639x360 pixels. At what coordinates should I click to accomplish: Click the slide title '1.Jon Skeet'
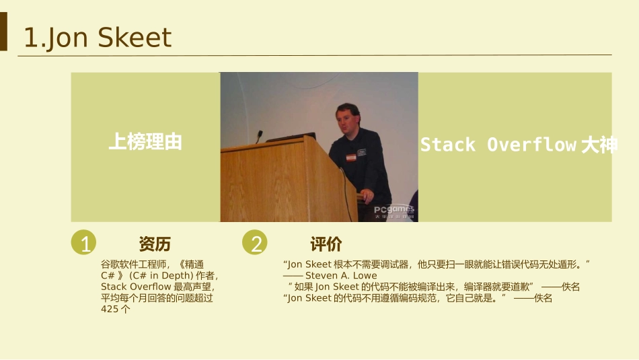click(98, 38)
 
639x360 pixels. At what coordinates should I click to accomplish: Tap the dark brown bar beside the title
click(3, 32)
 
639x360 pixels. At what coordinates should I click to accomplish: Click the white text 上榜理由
click(145, 142)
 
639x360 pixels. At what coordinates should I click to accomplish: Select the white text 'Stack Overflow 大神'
click(519, 145)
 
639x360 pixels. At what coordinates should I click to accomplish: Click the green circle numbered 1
click(83, 242)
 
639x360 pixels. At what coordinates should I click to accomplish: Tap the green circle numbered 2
click(255, 242)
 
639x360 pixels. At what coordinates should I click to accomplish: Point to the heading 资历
click(155, 244)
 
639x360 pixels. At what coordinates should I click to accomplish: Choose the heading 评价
click(326, 244)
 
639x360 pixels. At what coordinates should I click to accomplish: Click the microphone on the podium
click(259, 136)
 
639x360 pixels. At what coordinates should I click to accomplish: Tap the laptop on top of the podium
click(291, 137)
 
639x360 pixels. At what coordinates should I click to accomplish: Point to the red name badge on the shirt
click(351, 157)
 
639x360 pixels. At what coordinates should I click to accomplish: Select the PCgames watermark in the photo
click(394, 211)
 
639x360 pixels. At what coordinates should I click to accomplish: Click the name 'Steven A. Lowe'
click(341, 276)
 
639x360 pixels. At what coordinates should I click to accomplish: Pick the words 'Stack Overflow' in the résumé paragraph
click(136, 287)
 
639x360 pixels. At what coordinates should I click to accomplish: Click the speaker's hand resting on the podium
click(367, 195)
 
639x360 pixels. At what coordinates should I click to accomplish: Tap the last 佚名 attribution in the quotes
click(543, 298)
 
